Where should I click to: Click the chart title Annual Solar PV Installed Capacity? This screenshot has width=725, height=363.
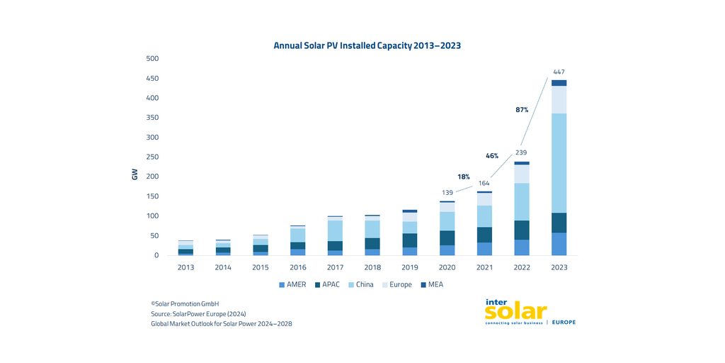click(x=367, y=45)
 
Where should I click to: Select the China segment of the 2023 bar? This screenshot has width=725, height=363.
click(x=559, y=163)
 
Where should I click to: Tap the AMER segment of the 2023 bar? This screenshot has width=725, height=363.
click(x=559, y=244)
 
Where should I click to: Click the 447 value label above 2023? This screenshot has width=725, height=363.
click(x=559, y=72)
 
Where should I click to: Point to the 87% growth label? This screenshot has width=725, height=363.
click(x=523, y=110)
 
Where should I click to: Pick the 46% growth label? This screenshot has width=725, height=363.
click(x=492, y=155)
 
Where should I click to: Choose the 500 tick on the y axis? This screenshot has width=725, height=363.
click(x=152, y=58)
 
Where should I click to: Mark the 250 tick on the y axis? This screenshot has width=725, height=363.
click(x=152, y=157)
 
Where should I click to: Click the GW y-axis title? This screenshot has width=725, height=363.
click(x=135, y=174)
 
